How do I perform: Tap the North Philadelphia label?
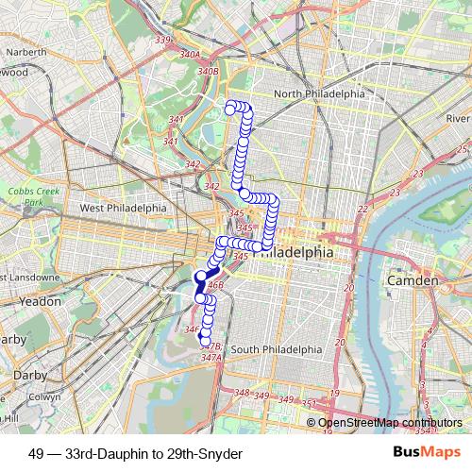[318, 94]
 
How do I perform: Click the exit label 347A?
[210, 358]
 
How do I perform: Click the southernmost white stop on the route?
[206, 342]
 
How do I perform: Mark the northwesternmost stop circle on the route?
[229, 110]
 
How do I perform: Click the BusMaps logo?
[427, 453]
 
